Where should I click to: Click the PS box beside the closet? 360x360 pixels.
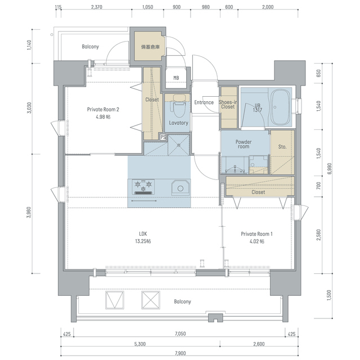[163, 137]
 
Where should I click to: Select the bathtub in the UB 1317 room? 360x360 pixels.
[280, 107]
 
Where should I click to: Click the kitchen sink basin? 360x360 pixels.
[181, 187]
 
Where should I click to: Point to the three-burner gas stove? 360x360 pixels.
[143, 187]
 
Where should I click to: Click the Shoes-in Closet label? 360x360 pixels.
[228, 105]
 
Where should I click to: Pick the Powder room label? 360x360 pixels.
[244, 144]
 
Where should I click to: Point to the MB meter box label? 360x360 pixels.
[176, 78]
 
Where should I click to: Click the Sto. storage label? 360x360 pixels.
[282, 146]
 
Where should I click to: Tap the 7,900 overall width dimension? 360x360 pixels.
[180, 353]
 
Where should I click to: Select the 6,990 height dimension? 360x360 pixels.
[329, 169]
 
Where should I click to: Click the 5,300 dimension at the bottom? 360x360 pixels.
[140, 344]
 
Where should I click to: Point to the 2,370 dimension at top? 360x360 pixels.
[96, 7]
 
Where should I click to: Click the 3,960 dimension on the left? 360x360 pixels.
[28, 213]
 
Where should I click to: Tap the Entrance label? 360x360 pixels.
[204, 102]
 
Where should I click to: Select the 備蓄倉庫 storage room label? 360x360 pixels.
[150, 47]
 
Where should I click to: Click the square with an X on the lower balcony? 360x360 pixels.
[151, 300]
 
